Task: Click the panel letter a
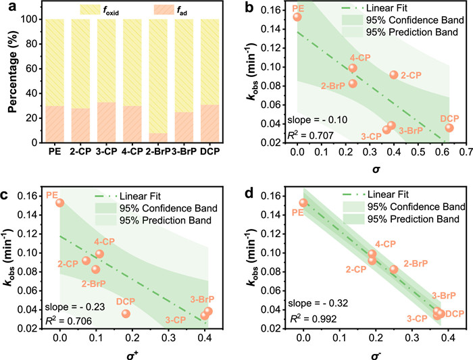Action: pos(8,8)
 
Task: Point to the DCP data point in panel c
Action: pos(126,313)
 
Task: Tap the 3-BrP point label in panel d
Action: pos(443,295)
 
